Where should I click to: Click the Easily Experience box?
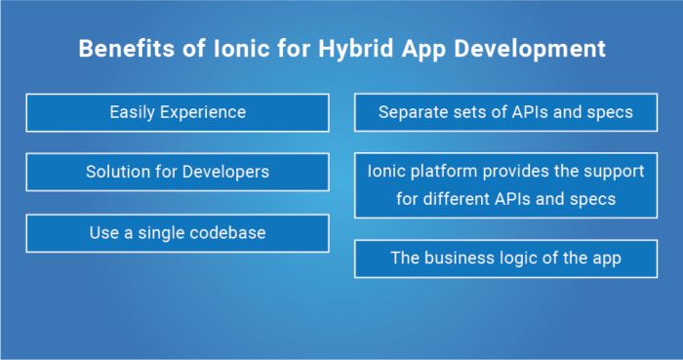(177, 113)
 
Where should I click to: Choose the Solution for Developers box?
(177, 173)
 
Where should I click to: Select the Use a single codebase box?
(177, 234)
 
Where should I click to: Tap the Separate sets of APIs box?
(505, 113)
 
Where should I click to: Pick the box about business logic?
(505, 259)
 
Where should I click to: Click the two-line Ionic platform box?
(505, 184)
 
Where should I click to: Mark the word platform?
(444, 172)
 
